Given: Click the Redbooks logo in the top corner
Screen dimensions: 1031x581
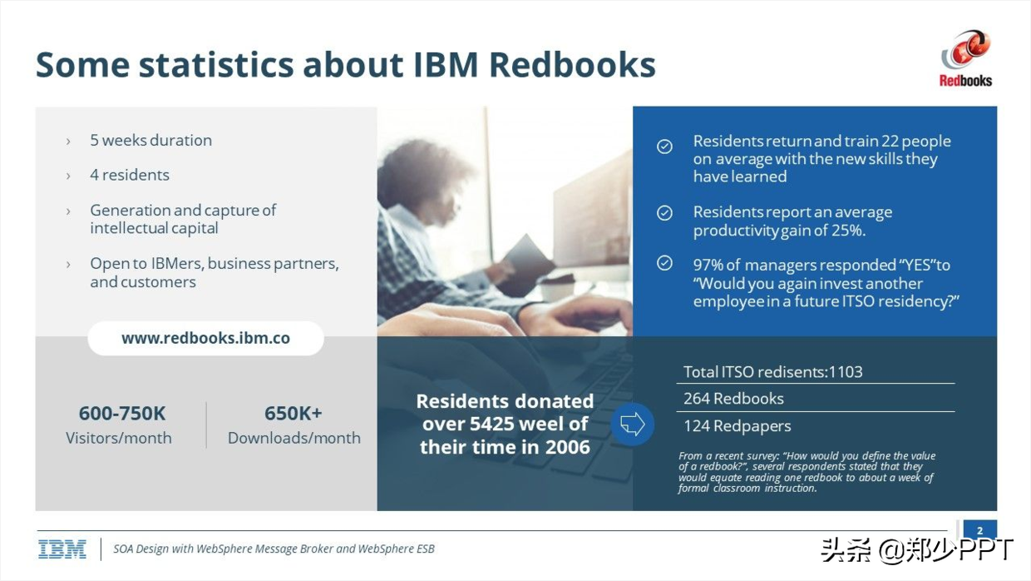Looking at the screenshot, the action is coord(965,58).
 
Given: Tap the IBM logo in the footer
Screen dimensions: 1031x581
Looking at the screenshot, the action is coord(62,549).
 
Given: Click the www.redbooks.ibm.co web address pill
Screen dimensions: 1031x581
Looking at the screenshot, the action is coord(205,338).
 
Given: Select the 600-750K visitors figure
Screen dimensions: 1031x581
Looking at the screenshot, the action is coord(122,414).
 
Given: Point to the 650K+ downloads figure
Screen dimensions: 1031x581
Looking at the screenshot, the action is coord(294,414).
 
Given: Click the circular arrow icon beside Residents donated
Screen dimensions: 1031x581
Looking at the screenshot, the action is coord(633,424).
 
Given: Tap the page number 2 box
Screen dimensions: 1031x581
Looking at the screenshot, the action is coord(980,530).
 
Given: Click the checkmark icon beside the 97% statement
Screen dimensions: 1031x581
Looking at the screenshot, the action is coord(664,263).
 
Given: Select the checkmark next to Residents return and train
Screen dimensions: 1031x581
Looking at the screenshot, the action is coord(664,146).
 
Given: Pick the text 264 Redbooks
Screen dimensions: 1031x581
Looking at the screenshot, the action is coord(733,399).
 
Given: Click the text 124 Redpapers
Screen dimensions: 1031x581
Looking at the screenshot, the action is coord(737,426).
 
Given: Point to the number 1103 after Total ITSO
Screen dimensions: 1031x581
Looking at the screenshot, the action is coord(846,372).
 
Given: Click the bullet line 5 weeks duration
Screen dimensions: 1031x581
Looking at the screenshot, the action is coord(151,140).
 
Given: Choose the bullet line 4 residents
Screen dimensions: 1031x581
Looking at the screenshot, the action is coord(130,175).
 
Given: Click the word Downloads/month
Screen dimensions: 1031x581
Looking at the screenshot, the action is coord(294,438).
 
